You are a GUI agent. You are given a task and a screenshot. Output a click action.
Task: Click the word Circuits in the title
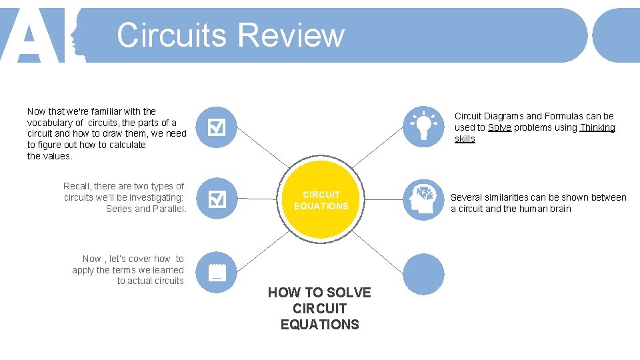pos(171,35)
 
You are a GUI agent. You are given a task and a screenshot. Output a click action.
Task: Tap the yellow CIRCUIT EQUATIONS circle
pos(321,200)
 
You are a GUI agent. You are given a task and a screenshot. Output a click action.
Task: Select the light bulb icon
pos(423,126)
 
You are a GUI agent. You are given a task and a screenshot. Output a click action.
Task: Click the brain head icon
pos(423,199)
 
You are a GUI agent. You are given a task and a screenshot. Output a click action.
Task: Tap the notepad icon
pos(217,272)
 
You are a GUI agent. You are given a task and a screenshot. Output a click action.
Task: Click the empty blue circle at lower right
pos(423,273)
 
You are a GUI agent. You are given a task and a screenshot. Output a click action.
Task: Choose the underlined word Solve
pos(499,127)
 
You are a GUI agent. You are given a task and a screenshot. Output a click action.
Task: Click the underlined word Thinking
pos(597,127)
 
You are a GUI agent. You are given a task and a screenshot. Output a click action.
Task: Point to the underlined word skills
pos(465,139)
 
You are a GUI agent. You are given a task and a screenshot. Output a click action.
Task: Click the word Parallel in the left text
pos(169,209)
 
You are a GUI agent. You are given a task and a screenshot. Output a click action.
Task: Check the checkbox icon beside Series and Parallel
pos(217,199)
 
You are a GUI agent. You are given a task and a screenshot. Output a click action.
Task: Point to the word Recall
pos(77,186)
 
